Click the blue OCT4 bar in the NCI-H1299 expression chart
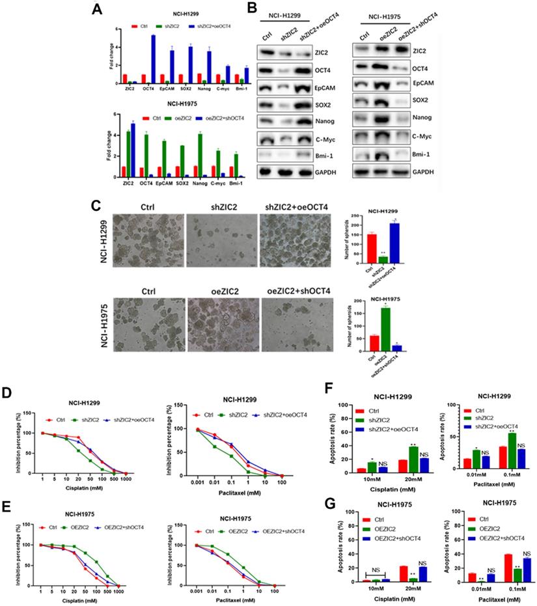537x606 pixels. [x=153, y=59]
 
